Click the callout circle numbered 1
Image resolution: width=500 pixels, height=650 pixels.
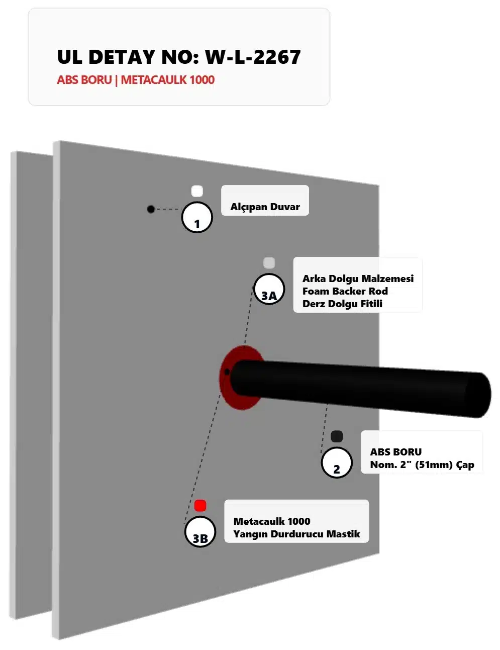[x=196, y=217]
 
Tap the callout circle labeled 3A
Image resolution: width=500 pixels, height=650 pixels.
[x=269, y=289]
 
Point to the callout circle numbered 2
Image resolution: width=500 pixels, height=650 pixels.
[x=337, y=462]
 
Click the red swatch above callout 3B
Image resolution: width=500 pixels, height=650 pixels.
[x=200, y=506]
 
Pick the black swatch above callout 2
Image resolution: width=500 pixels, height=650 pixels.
[x=337, y=436]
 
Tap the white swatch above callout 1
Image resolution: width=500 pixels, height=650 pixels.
[x=196, y=191]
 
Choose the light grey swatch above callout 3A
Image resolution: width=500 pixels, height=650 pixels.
[x=269, y=262]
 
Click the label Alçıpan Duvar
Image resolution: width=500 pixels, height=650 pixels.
[x=265, y=207]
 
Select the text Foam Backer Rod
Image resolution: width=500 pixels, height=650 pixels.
[x=345, y=291]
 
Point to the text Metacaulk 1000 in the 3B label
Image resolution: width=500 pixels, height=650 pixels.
[x=272, y=521]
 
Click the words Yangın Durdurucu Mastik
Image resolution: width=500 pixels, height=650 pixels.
[x=296, y=534]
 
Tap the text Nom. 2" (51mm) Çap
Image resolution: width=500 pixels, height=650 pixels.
[x=422, y=465]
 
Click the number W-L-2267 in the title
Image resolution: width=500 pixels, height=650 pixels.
[x=253, y=57]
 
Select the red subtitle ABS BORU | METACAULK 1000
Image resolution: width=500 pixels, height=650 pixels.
[x=136, y=80]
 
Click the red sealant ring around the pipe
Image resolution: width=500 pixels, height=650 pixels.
[x=227, y=389]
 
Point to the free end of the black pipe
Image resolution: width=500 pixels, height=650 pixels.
[x=478, y=395]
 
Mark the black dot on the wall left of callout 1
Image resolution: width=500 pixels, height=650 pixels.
[x=151, y=209]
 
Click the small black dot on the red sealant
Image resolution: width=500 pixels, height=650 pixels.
[x=227, y=372]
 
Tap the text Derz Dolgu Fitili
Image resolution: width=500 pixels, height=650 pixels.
[x=342, y=304]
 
